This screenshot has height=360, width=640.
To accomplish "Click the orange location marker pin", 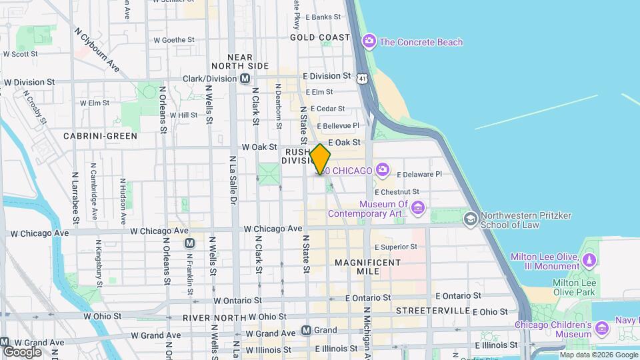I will click(x=320, y=159).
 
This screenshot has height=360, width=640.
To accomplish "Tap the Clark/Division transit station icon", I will click(x=245, y=79).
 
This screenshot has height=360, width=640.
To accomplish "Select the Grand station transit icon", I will click(x=306, y=330).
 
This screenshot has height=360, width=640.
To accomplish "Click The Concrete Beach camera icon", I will click(x=369, y=42).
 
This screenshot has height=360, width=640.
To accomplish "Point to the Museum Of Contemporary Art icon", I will click(x=418, y=209).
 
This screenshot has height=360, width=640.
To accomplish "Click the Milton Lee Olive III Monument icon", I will click(x=589, y=259).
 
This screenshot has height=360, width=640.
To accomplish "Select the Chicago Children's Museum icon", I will click(x=602, y=328).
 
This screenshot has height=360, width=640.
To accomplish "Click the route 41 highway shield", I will click(x=361, y=79).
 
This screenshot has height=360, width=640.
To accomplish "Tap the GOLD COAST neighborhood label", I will click(x=320, y=37).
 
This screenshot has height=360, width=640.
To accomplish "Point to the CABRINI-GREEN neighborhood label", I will click(x=100, y=136).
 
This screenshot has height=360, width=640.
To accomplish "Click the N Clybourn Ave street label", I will click(x=97, y=50).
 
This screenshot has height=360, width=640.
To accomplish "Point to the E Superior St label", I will click(x=395, y=247).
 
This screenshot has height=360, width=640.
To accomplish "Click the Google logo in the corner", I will click(x=22, y=351).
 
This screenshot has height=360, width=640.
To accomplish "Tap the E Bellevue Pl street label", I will click(x=337, y=125).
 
